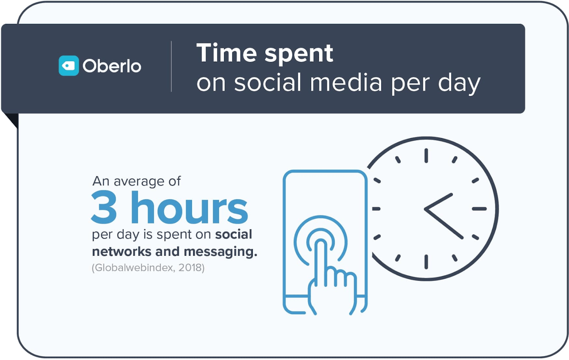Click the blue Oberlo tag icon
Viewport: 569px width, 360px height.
coord(68,66)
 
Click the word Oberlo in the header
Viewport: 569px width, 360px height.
coord(112,66)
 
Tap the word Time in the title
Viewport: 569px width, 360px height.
coord(227,53)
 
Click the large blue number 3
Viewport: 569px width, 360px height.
coord(104,208)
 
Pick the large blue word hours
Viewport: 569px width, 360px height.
coord(189,207)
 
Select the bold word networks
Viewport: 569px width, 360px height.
coord(122,251)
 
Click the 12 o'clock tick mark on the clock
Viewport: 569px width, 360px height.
coord(426,156)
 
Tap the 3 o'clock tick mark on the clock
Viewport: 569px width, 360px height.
coord(479,209)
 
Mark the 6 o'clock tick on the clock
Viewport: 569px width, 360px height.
coord(426,262)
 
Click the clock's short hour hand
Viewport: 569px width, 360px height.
coord(439,201)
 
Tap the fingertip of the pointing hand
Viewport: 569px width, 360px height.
coord(320,243)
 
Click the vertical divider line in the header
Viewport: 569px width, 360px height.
coord(171,66)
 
